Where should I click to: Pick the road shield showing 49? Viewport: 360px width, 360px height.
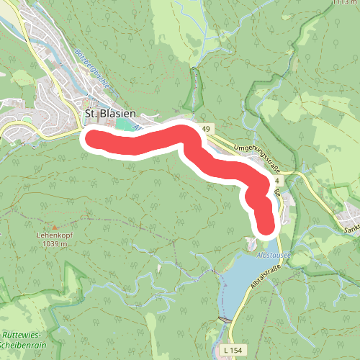(x=207, y=129)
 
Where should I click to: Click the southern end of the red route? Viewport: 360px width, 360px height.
(x=266, y=226)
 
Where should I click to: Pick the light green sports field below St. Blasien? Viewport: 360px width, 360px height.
(x=126, y=125)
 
